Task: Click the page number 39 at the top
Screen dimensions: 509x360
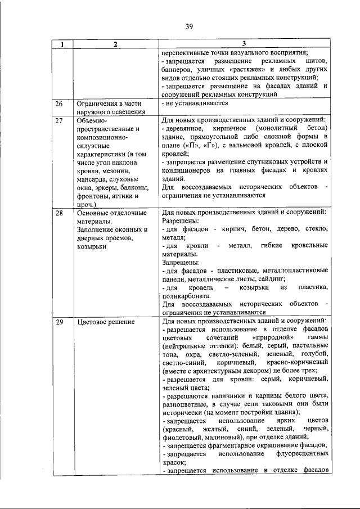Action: click(x=189, y=25)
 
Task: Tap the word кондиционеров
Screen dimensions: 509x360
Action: click(x=187, y=170)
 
